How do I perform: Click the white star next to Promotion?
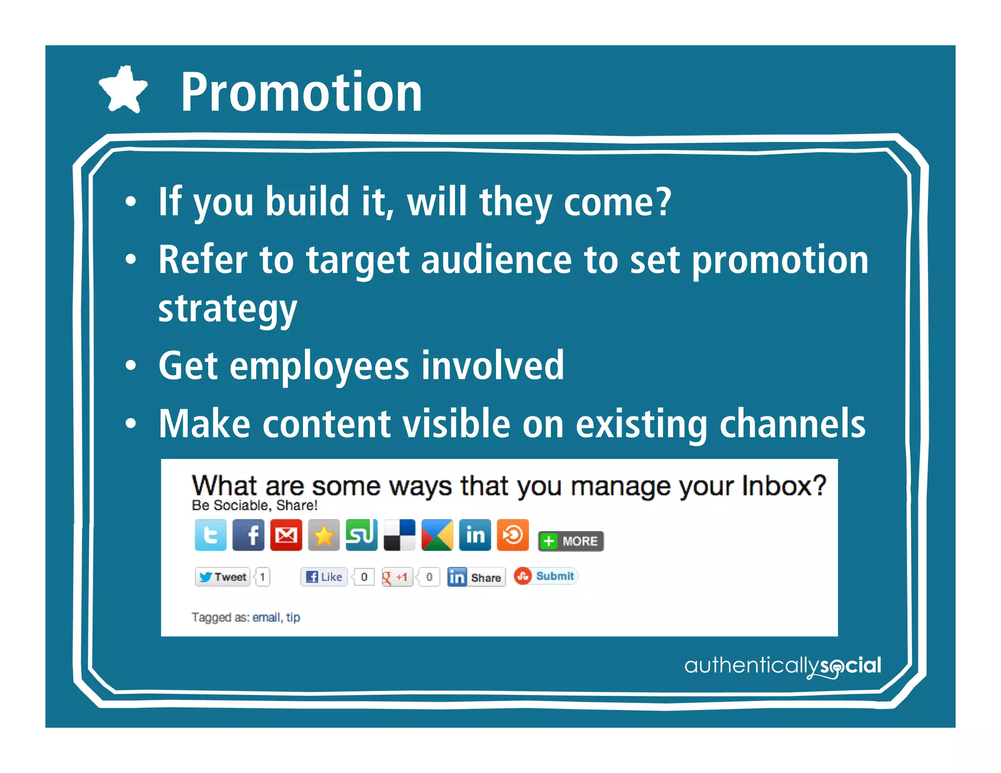pos(123,90)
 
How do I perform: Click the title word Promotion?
pos(301,92)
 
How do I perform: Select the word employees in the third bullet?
pos(319,366)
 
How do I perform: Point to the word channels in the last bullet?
pos(792,424)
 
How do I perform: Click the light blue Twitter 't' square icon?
pos(211,535)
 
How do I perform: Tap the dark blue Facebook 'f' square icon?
pos(248,535)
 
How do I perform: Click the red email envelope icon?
pos(286,535)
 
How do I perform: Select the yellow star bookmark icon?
pos(324,535)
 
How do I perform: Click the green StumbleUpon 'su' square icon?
pos(361,535)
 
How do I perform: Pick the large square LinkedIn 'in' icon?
pos(475,535)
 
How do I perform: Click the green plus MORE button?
pos(571,541)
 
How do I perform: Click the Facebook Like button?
pos(324,577)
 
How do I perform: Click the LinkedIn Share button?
pos(476,578)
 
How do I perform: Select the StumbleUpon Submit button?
pos(545,576)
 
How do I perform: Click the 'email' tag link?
pos(266,618)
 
